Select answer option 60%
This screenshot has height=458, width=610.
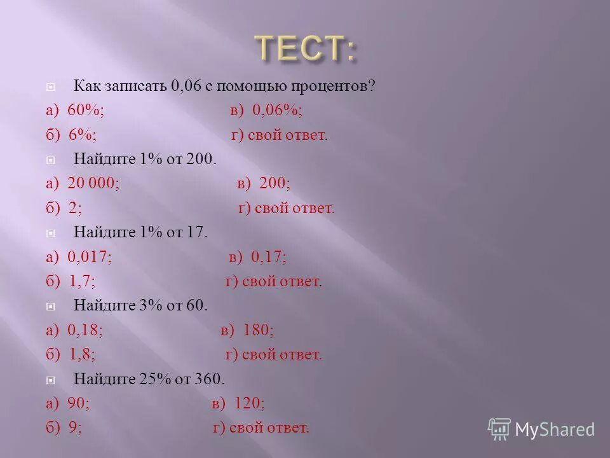[86, 110]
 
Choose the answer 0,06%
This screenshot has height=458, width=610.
[276, 110]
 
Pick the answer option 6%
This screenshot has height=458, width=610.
[83, 135]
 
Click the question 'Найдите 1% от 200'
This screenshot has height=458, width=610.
[146, 159]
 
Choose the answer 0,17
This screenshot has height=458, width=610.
[269, 257]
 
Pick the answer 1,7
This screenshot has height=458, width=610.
[83, 281]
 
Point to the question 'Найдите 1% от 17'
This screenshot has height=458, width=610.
[140, 232]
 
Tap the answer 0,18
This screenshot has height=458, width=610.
[85, 330]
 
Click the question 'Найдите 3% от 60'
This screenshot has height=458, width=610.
[140, 305]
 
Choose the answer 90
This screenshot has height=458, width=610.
[79, 403]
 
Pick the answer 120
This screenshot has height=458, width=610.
[250, 403]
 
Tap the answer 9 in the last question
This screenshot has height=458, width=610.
[76, 427]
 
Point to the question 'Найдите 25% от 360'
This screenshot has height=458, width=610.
[149, 379]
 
